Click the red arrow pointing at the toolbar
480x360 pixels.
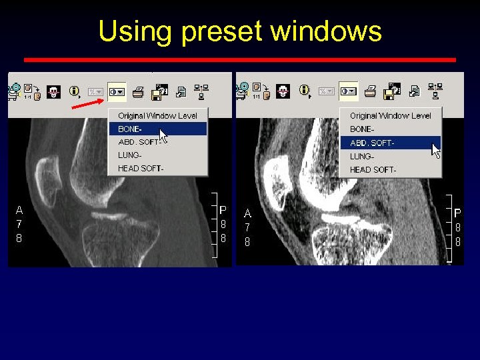(x=87, y=103)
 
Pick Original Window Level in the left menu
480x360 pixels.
(x=157, y=115)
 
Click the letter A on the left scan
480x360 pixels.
(x=19, y=210)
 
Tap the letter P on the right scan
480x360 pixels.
(x=457, y=213)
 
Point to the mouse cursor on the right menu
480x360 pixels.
(x=435, y=149)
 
